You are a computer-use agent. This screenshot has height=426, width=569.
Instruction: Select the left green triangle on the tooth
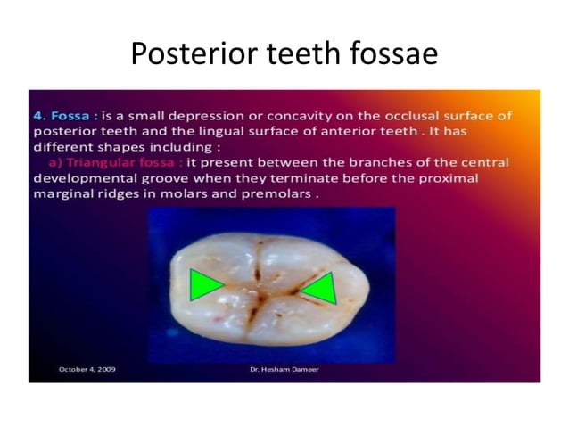click(205, 285)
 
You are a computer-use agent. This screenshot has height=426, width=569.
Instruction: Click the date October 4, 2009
click(87, 368)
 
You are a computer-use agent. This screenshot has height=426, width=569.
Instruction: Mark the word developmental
click(84, 179)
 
